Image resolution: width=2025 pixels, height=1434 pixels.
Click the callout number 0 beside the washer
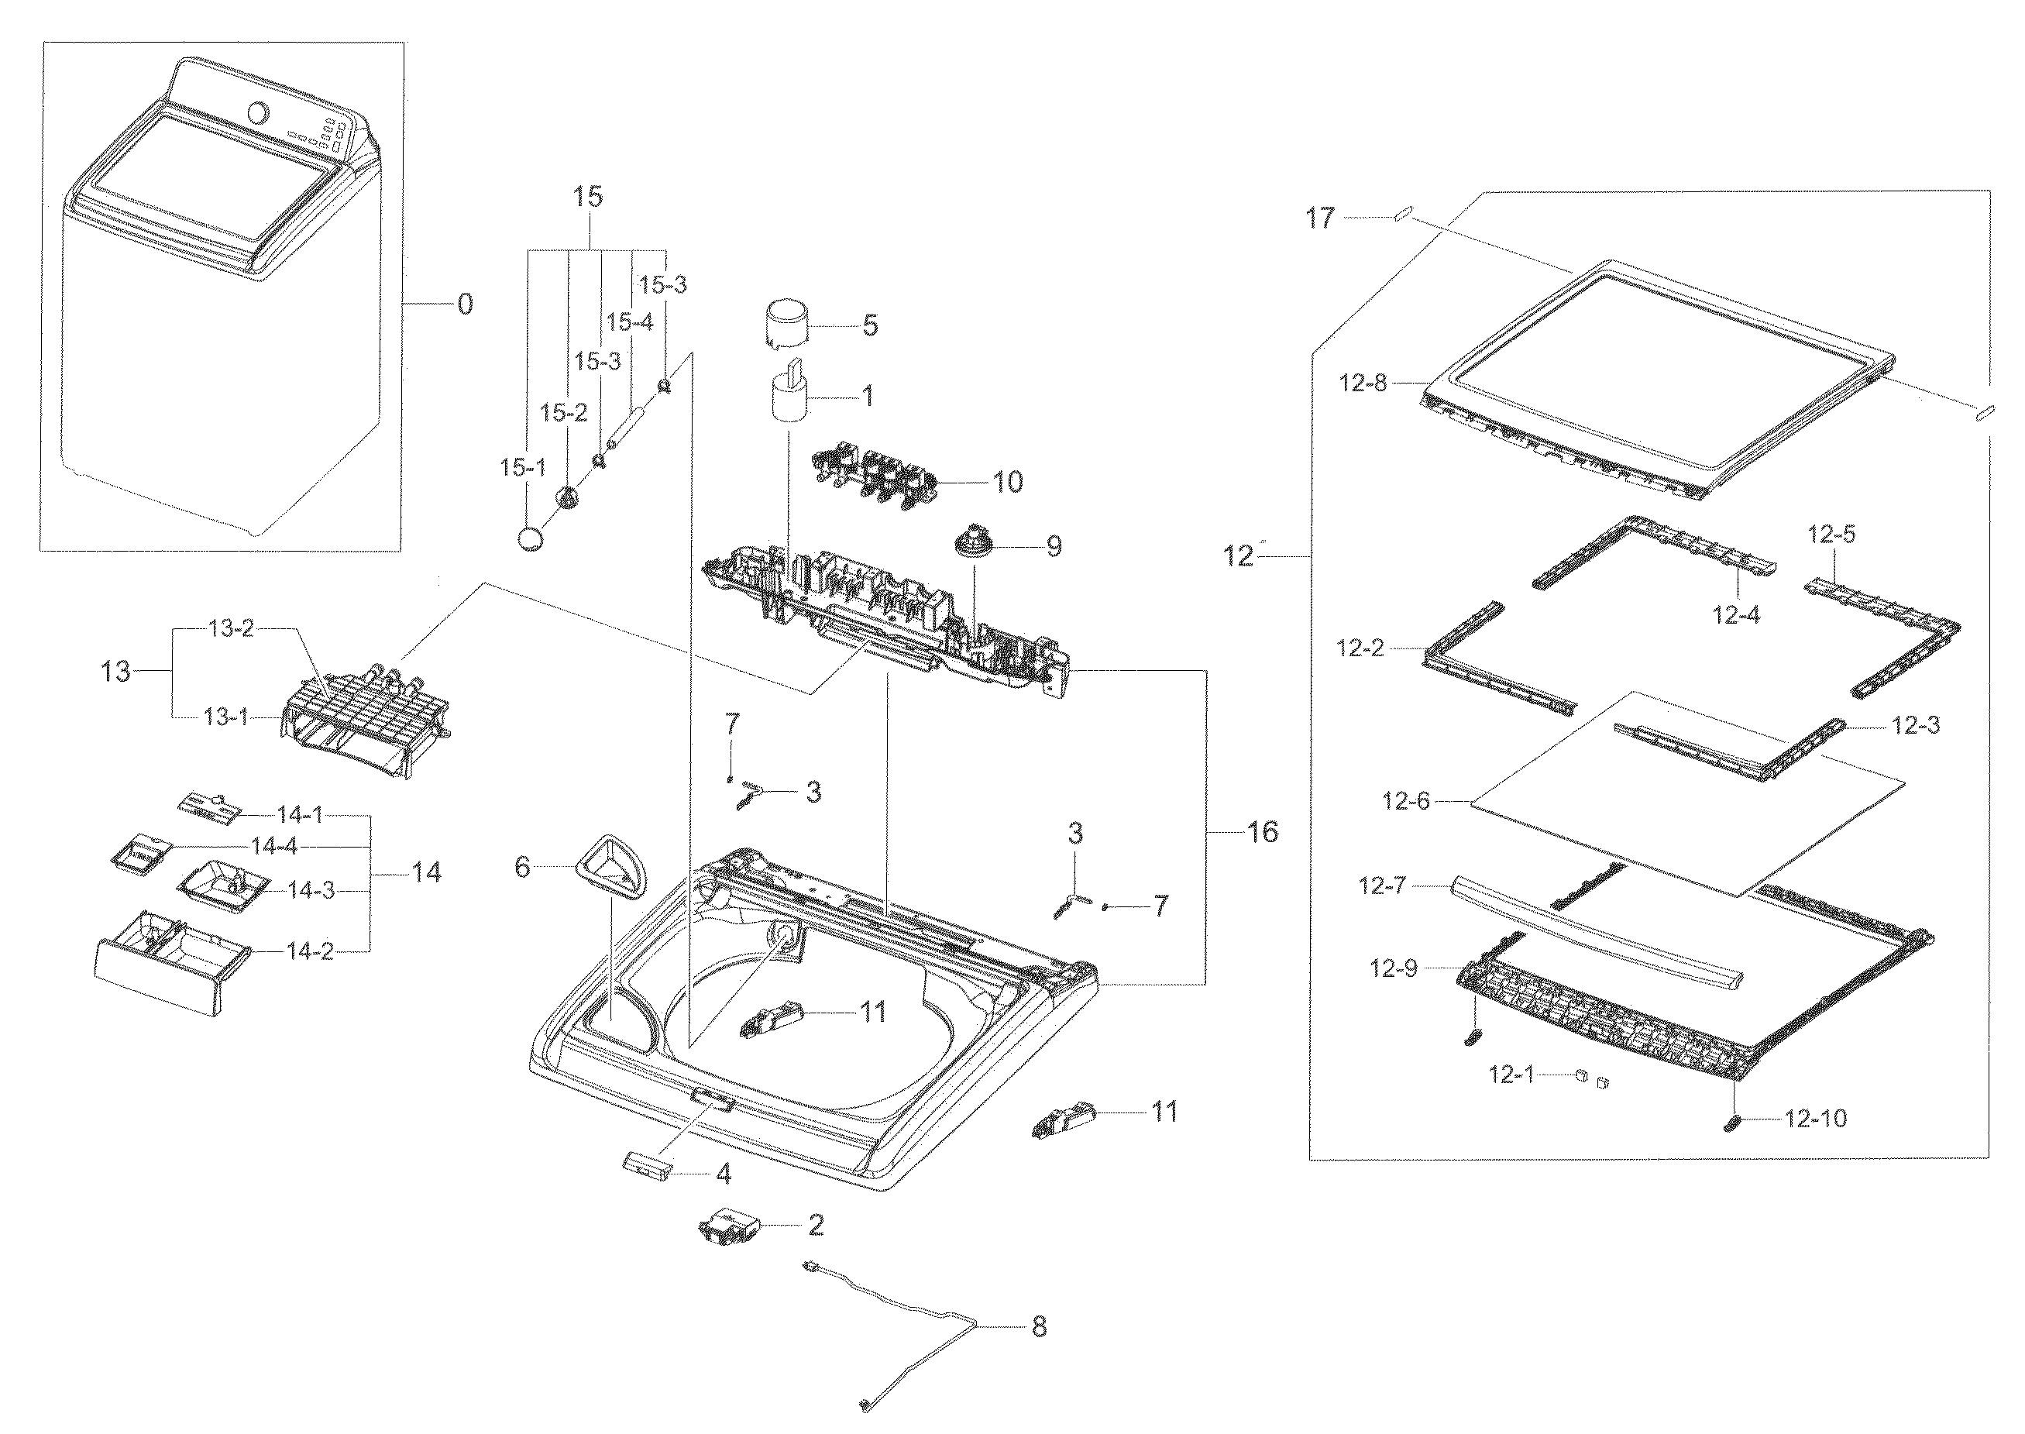tap(464, 304)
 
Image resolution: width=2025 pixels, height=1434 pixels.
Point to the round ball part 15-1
tap(531, 538)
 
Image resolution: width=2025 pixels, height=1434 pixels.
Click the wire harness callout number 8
tap(1039, 1326)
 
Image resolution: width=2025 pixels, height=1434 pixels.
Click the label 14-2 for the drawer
tap(310, 951)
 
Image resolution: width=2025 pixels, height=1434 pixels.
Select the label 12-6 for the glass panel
tap(1405, 801)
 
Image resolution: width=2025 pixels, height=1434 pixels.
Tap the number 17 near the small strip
tap(1320, 218)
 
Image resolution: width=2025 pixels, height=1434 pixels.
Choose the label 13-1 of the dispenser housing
tap(226, 717)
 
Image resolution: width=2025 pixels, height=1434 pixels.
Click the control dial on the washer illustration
tap(259, 113)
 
